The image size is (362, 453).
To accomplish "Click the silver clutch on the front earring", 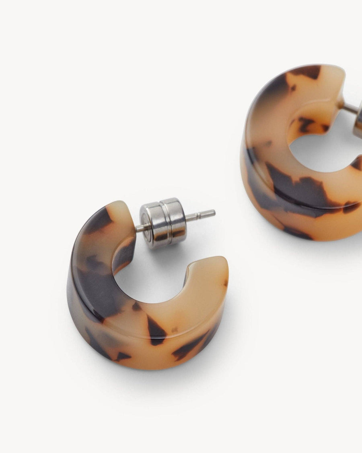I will click(x=163, y=222).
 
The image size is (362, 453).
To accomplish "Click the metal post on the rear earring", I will click(x=350, y=108).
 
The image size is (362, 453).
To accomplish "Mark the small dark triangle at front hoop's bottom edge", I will click(x=122, y=356).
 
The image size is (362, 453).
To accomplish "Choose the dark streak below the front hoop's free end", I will click(x=189, y=346).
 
